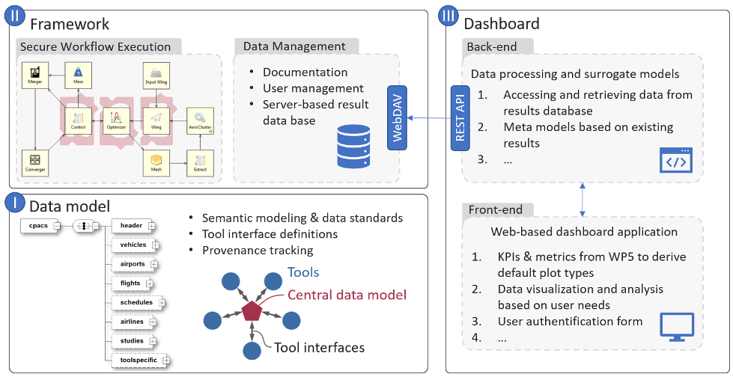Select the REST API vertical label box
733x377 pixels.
point(460,117)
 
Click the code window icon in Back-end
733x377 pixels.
point(675,160)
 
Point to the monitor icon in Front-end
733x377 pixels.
point(676,327)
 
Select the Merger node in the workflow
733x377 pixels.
point(35,75)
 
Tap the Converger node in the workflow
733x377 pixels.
point(35,161)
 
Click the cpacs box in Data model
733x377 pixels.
point(38,225)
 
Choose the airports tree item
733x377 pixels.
point(132,264)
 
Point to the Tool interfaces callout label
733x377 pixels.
point(319,347)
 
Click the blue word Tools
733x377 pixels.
point(303,273)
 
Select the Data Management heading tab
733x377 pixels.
point(294,46)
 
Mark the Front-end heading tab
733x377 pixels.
point(495,209)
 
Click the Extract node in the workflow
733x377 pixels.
point(200,162)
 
